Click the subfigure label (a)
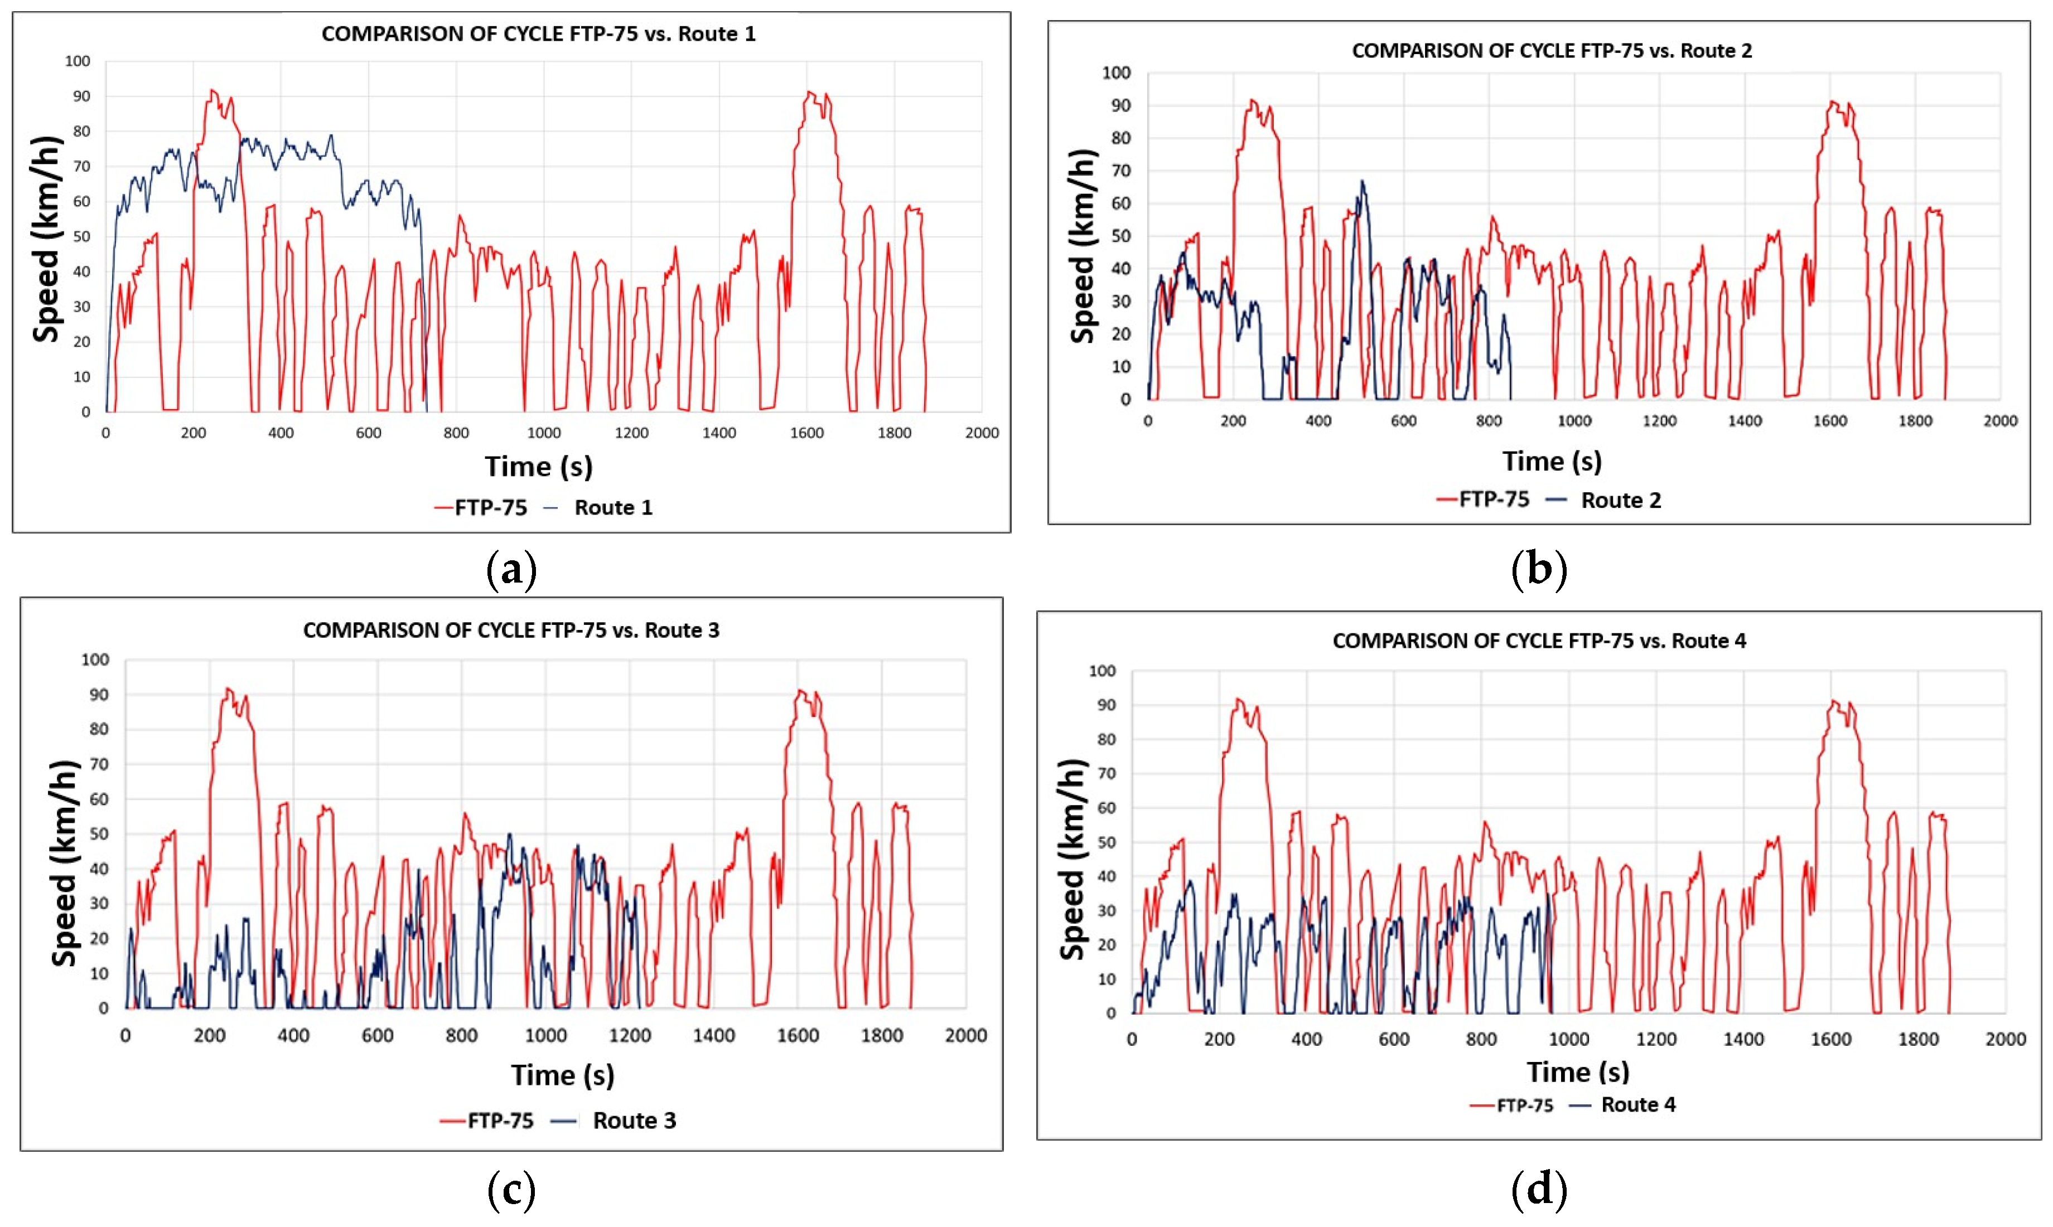[x=511, y=570]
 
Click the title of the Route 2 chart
[x=1551, y=50]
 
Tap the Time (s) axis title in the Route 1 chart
[x=538, y=466]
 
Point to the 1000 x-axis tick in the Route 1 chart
[x=543, y=433]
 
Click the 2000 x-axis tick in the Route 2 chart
[x=1999, y=421]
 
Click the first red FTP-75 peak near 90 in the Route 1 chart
[x=212, y=90]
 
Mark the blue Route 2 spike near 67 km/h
[x=1361, y=181]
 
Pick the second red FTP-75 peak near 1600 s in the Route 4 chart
[x=1833, y=701]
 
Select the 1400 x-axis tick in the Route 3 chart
[x=713, y=1035]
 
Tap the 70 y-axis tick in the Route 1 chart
[x=81, y=166]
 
